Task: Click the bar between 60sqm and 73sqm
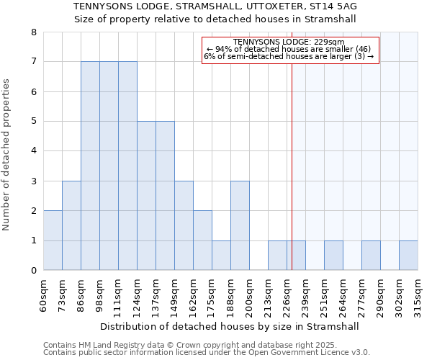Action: pos(53,240)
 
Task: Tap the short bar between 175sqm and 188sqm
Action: pos(221,256)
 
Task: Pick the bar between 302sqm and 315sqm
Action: pos(408,256)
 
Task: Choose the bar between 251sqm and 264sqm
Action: pos(333,256)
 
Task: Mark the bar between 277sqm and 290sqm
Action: pos(371,256)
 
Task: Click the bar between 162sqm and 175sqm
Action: pos(202,240)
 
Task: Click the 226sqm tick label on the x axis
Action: pos(287,296)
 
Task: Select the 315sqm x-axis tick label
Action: pos(418,296)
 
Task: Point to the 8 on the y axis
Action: pos(33,32)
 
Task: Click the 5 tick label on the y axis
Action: pos(33,122)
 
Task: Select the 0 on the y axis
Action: pos(33,271)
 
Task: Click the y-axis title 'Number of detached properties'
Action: pos(7,156)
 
